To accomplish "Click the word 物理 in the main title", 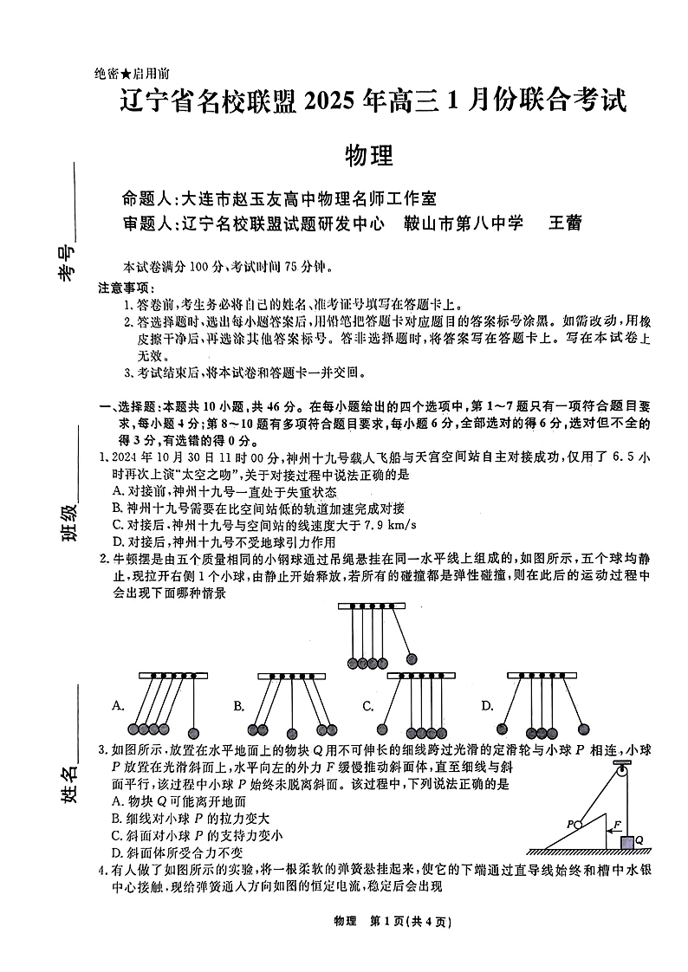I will click(369, 156).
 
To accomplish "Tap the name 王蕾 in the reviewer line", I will click(565, 223).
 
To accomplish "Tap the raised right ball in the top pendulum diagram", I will click(412, 659).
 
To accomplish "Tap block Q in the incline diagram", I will click(626, 839).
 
